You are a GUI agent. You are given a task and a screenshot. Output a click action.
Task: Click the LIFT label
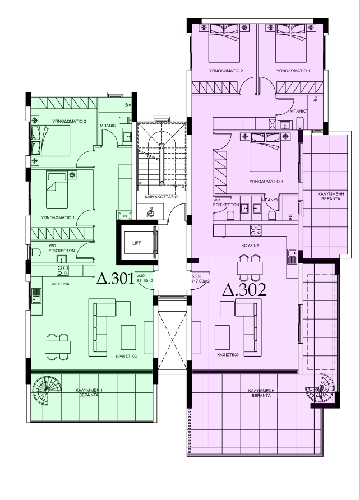pos(136,243)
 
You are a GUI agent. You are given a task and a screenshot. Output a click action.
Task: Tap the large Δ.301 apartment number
pos(116,279)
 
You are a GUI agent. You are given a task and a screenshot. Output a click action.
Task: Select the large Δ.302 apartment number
pos(244,290)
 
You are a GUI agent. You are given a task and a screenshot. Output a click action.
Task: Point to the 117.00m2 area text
pos(201,281)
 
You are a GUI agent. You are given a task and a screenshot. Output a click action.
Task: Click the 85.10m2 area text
pos(145,281)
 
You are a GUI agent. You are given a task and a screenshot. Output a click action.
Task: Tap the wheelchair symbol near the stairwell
pos(150,212)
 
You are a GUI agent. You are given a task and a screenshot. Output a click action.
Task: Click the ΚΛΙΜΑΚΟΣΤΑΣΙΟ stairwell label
pos(161,197)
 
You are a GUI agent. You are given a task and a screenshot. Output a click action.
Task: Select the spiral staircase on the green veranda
pos(47,390)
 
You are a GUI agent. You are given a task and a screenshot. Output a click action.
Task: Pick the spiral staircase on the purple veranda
pos(320,388)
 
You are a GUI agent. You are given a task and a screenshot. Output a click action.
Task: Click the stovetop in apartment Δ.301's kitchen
pos(62,270)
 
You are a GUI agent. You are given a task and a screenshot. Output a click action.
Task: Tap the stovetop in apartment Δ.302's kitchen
pos(256,230)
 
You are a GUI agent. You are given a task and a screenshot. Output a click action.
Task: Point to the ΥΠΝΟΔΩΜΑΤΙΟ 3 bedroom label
pos(266,182)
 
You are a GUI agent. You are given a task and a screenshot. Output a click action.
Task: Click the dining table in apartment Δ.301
pos(58,347)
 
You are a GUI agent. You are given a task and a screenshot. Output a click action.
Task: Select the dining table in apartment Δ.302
pos(250,268)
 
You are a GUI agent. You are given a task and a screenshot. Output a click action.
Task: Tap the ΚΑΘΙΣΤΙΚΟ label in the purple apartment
pos(228,355)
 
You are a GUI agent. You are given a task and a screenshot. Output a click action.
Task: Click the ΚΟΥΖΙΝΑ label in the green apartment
pos(61,284)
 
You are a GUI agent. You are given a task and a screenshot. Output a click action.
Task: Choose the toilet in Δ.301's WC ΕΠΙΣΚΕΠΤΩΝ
pos(35,253)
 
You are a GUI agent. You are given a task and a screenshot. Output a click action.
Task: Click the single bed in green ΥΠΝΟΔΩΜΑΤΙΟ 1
pos(57,189)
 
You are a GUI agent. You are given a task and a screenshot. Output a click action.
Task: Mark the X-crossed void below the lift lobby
pos(172,341)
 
